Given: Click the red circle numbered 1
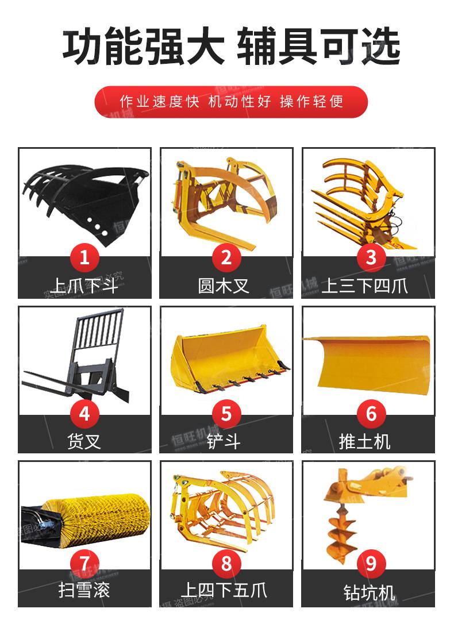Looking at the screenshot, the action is (x=84, y=258).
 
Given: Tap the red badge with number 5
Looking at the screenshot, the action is (x=226, y=414).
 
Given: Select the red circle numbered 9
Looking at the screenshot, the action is (x=371, y=563).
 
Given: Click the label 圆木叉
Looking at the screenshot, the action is (x=224, y=286).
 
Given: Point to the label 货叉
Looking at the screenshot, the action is (x=84, y=441).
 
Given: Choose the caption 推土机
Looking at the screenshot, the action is (x=364, y=441).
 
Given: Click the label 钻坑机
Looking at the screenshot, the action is (x=370, y=592).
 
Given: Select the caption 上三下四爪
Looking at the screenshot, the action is (x=364, y=286).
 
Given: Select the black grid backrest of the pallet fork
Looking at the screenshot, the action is (x=98, y=330).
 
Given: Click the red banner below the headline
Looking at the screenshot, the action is (x=231, y=102).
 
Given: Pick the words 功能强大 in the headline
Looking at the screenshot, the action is (x=143, y=46).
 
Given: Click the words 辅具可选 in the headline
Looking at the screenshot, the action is (x=318, y=46).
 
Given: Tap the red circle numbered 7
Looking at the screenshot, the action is (x=84, y=563).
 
